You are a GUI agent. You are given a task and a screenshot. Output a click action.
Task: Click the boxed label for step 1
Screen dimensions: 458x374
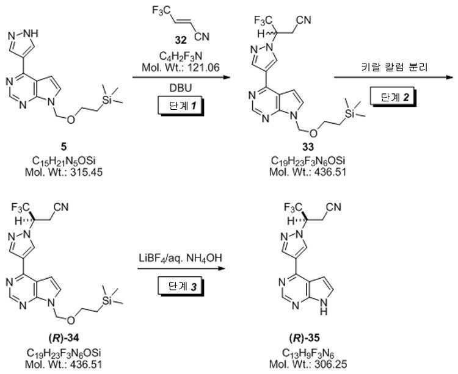[181, 107]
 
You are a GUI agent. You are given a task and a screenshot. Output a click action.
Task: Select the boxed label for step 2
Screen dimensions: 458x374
[393, 97]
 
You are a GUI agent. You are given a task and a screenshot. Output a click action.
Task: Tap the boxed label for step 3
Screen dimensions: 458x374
[180, 287]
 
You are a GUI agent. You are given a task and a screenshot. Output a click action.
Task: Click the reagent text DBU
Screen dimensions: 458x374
[181, 87]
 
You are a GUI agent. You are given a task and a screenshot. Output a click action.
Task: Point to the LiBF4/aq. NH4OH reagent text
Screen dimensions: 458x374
[180, 258]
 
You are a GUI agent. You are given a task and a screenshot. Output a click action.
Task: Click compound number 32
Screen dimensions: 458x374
[181, 40]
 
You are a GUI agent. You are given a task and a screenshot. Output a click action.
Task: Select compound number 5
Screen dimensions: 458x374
[64, 147]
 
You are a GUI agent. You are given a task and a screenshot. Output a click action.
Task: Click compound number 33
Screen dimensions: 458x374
[308, 147]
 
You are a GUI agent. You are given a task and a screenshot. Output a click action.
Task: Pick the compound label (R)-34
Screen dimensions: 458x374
[64, 339]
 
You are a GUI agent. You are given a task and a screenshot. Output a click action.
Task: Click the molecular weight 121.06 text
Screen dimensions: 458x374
[181, 68]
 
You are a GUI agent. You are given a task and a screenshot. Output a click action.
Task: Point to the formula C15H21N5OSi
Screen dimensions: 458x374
[64, 161]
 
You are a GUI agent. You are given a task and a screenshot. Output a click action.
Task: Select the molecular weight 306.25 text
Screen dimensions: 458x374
[308, 364]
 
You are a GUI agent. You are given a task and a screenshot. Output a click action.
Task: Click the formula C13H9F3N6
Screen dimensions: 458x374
[308, 354]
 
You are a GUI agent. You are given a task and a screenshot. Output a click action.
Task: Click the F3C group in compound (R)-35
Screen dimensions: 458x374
[294, 208]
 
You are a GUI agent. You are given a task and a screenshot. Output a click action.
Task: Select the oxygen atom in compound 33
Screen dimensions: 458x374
[313, 133]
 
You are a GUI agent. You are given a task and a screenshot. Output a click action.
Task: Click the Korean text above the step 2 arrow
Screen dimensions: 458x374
[394, 67]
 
